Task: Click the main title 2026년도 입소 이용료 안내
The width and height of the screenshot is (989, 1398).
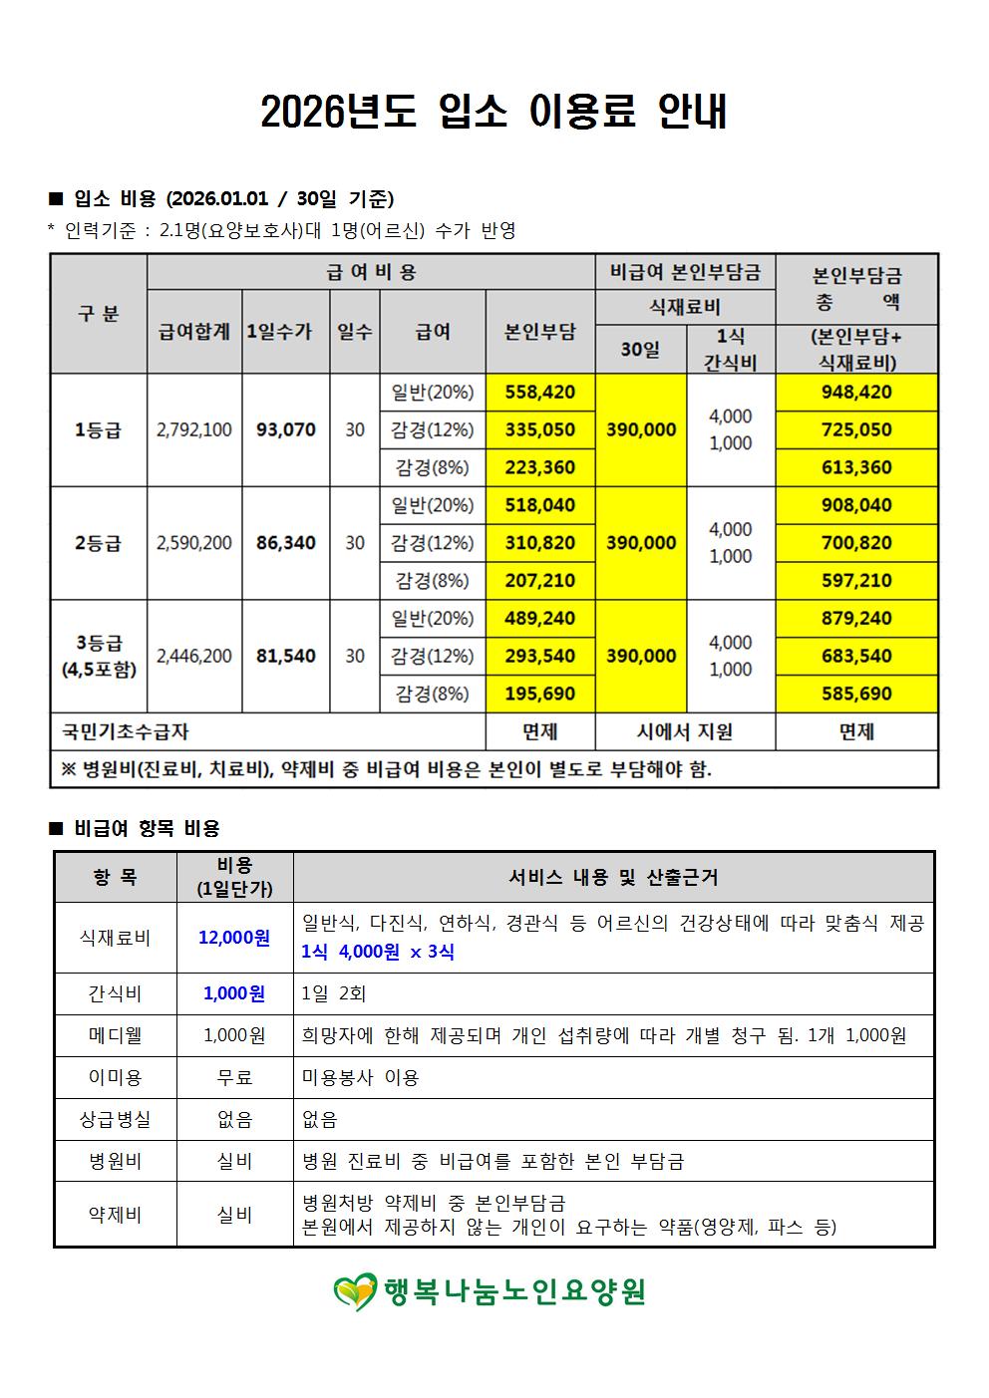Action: coord(494,113)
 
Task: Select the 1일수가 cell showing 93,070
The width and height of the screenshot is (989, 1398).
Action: coord(285,429)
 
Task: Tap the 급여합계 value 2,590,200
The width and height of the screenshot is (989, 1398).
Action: coord(194,543)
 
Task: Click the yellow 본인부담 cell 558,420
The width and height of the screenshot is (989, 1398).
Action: coord(539,392)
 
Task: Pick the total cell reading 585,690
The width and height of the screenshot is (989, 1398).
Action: coord(856,694)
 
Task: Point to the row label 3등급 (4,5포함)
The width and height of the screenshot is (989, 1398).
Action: coord(98,656)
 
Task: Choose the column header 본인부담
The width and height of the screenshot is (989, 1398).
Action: coord(539,332)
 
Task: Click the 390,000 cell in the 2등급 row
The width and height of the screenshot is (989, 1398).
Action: coord(641,543)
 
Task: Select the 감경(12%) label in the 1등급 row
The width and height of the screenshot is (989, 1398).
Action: coord(432,429)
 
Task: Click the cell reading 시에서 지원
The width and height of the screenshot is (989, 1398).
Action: coord(684,731)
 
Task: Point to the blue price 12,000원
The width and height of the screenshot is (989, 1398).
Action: coord(234,938)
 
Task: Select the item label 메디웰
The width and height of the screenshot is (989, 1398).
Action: coord(115,1035)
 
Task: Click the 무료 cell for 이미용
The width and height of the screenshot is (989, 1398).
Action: coord(234,1077)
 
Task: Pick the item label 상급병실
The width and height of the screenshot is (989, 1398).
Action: coord(115,1119)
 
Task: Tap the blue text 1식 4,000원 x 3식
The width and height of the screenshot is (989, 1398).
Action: coord(378,952)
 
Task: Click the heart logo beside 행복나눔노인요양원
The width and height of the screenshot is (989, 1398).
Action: coord(355,1292)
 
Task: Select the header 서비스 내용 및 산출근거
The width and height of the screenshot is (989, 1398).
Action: coord(613,877)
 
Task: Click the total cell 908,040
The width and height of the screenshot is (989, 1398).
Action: coord(856,505)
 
